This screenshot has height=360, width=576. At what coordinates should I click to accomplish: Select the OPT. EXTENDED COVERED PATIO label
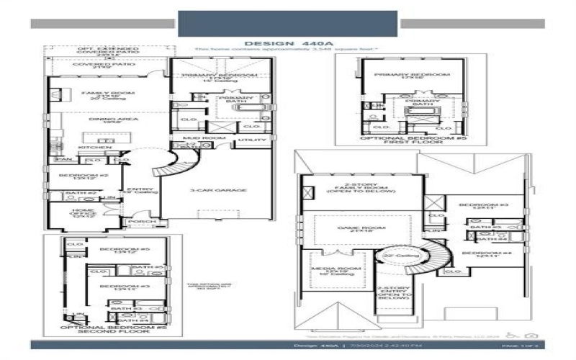pyautogui.click(x=98, y=51)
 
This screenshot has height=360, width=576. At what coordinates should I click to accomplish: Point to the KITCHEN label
pyautogui.click(x=100, y=148)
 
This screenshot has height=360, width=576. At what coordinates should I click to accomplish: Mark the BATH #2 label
pyautogui.click(x=76, y=193)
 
